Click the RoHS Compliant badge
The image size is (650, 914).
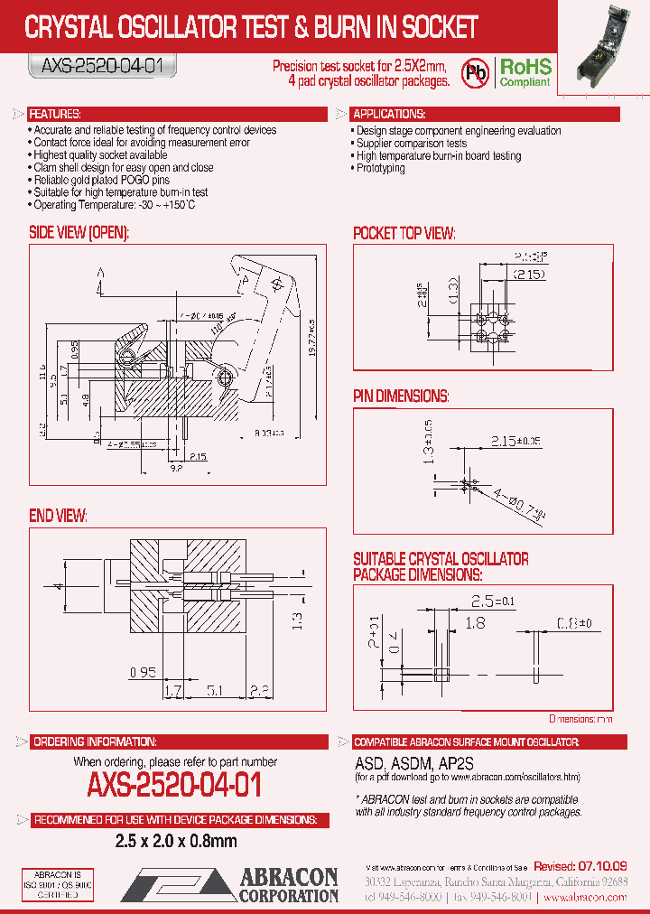coord(526,73)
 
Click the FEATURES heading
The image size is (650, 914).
coord(56,115)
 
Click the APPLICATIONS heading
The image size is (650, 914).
coord(389,115)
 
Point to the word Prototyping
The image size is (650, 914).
coord(380,168)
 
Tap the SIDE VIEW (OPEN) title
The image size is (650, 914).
coord(79,232)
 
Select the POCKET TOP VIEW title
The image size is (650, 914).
coord(404,233)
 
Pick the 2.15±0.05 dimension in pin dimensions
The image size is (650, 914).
coord(517,441)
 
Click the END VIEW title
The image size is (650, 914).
coord(58,515)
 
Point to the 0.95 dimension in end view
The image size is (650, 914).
coord(143,672)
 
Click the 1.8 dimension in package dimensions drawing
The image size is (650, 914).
coord(475,622)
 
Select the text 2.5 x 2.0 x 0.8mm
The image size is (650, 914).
coord(175,841)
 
